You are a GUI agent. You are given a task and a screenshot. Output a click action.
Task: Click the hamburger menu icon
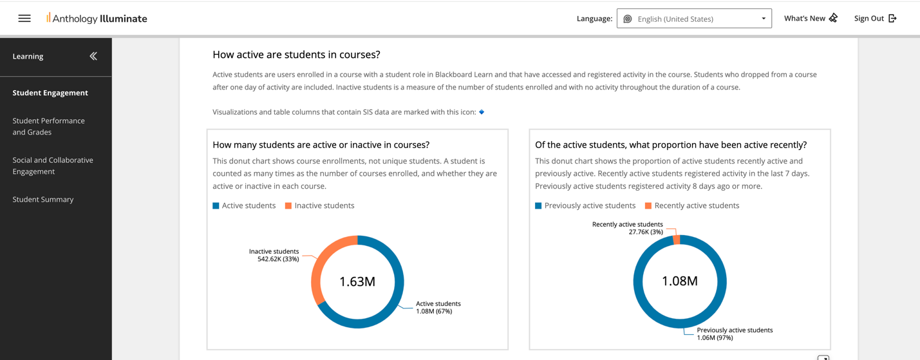(24, 19)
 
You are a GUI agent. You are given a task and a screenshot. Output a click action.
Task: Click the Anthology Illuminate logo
(97, 19)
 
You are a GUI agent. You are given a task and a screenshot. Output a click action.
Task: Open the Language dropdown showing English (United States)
(693, 19)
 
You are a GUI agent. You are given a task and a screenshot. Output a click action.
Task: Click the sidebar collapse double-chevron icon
(93, 57)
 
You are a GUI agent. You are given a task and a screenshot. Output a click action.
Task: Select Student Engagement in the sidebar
(50, 93)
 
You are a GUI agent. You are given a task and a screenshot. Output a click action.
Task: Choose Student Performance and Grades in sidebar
(48, 126)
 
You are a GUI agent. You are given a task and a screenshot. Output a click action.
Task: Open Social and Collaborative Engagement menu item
(52, 166)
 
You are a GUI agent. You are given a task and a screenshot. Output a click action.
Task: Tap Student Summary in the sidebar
(43, 200)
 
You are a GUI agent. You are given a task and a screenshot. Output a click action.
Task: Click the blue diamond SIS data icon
(482, 112)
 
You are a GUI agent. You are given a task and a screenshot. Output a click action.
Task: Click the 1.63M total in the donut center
(357, 282)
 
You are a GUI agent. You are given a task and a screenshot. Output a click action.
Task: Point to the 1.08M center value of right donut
(680, 281)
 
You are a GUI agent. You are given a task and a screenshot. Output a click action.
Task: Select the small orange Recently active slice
(677, 240)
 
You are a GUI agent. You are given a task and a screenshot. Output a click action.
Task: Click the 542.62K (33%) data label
(278, 259)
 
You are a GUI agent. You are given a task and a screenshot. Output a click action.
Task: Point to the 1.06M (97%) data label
(715, 337)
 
